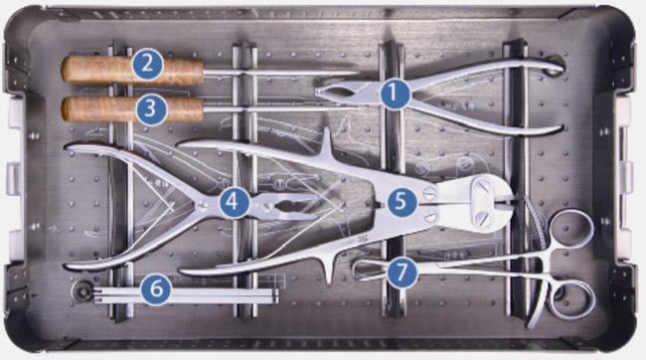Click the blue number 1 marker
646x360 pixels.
pyautogui.click(x=394, y=93)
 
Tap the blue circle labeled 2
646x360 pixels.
pyautogui.click(x=147, y=64)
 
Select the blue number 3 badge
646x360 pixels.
pyautogui.click(x=151, y=108)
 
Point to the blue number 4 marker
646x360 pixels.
pyautogui.click(x=234, y=203)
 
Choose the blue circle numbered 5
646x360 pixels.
pyautogui.click(x=402, y=203)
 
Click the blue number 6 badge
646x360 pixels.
pyautogui.click(x=157, y=289)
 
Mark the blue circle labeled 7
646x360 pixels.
pyautogui.click(x=402, y=271)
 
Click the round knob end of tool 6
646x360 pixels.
pyautogui.click(x=82, y=292)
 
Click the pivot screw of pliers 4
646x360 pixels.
pyautogui.click(x=202, y=206)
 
